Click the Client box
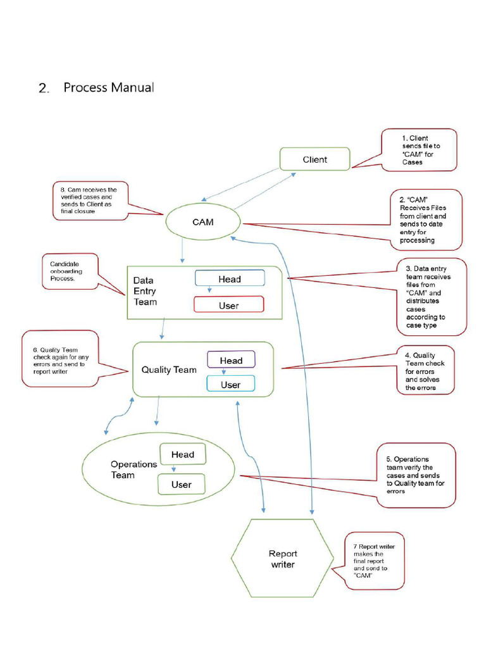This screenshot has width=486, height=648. pos(315,159)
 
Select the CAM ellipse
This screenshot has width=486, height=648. pos(202,222)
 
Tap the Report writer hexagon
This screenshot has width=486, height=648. pos(282,558)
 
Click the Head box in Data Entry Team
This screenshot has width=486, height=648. pos(229,278)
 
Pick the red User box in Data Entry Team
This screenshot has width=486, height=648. pos(228,305)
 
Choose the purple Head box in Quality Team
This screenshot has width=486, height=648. pos(231,360)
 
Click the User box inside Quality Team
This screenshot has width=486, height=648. pos(230,384)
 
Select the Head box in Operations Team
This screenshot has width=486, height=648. pos(182,454)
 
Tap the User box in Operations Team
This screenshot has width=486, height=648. pos(181,485)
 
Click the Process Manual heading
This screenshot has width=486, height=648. pos(108,87)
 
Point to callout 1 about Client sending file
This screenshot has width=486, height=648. pos(420,150)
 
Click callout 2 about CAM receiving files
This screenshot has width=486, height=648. pos(426,220)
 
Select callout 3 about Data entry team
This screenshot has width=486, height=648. pos(432,296)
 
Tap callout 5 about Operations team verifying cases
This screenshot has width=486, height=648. pos(416,475)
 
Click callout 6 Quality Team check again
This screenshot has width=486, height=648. pos(61,359)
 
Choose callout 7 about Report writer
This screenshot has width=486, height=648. pos(374,560)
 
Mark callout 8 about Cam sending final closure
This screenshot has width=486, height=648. pos(90,201)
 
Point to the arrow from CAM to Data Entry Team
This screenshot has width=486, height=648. pos(182,251)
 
